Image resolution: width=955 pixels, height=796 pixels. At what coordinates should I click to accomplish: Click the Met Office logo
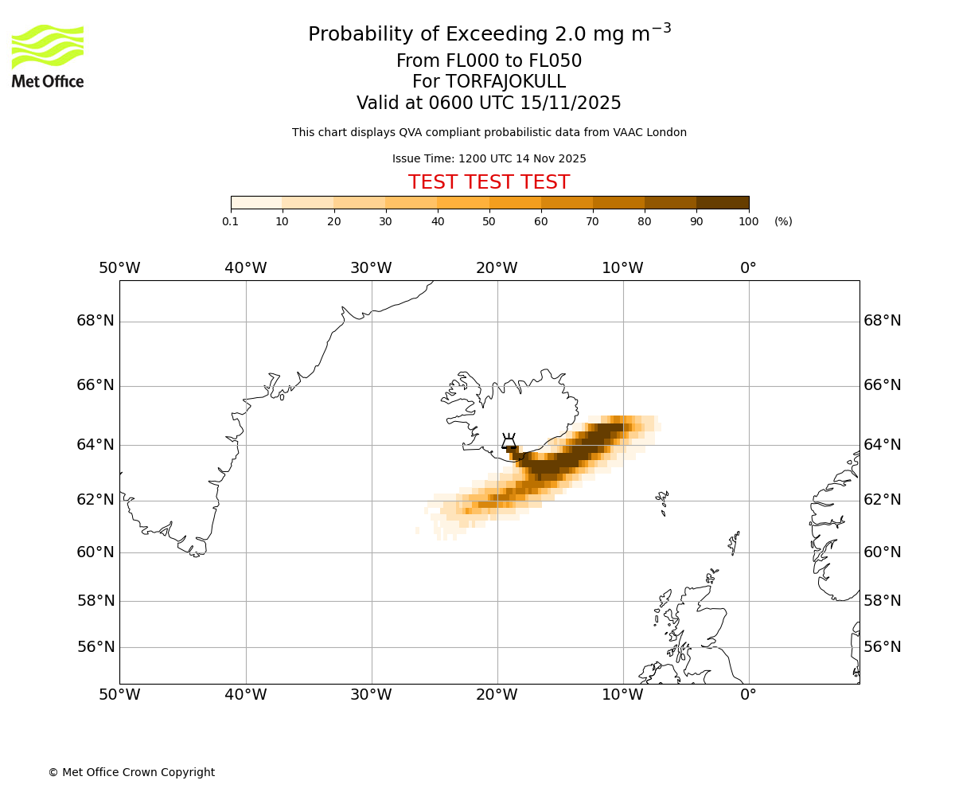(48, 56)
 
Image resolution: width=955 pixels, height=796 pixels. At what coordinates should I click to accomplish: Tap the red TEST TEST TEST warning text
(489, 182)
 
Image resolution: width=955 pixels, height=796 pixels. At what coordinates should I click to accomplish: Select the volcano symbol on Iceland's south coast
(509, 442)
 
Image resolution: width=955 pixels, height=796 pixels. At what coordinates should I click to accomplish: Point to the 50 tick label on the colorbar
(489, 221)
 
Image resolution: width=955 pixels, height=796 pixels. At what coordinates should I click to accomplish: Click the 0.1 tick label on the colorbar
(231, 221)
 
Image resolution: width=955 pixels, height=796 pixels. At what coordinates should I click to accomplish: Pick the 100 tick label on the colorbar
(748, 221)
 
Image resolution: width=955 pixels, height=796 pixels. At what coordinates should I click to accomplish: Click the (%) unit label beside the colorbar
(783, 221)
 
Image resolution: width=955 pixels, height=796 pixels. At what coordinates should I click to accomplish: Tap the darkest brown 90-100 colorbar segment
(723, 203)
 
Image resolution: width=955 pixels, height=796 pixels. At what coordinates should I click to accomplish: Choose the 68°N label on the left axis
(95, 321)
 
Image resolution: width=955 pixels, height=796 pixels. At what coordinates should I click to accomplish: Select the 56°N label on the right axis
(883, 647)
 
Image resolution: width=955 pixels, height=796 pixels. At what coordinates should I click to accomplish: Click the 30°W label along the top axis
(371, 268)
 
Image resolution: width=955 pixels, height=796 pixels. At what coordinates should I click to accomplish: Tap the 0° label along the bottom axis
(748, 695)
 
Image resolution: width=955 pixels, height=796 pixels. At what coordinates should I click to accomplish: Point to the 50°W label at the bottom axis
(119, 695)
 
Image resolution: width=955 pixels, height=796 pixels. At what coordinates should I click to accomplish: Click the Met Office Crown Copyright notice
(131, 772)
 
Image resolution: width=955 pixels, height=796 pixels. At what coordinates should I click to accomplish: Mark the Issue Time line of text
(489, 159)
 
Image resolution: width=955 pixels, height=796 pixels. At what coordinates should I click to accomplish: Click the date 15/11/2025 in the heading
(571, 103)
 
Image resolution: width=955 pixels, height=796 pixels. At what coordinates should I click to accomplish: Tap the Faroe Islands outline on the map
(662, 501)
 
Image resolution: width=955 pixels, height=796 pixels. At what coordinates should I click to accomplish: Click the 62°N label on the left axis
(95, 500)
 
